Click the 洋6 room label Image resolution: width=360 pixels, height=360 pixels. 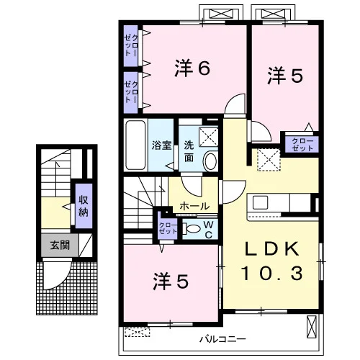coord(192,68)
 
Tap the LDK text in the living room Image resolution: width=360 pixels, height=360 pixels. coord(272,250)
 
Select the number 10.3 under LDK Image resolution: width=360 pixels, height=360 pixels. coord(272,274)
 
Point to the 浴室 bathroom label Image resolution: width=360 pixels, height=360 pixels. coord(161,145)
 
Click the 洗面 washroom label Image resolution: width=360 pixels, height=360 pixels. coord(189,151)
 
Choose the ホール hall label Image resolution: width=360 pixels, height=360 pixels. coord(194,206)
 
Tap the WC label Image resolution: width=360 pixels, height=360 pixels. coord(209,230)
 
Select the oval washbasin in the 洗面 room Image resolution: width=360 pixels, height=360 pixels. coord(210,161)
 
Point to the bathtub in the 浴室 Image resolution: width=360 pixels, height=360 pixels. coord(135,145)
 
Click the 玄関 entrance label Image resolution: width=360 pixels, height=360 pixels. coord(60,246)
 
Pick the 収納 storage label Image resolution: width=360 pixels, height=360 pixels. coord(84,206)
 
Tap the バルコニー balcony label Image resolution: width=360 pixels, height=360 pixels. coord(223,339)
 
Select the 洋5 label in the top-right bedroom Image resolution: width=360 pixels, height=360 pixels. coord(285,76)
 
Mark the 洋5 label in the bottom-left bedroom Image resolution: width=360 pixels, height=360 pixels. coord(171,281)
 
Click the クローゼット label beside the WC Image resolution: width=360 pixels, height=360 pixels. coord(168,228)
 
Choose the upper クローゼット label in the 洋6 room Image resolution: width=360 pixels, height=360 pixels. coord(131,45)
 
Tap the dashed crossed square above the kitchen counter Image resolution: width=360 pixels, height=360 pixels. coord(269,160)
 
